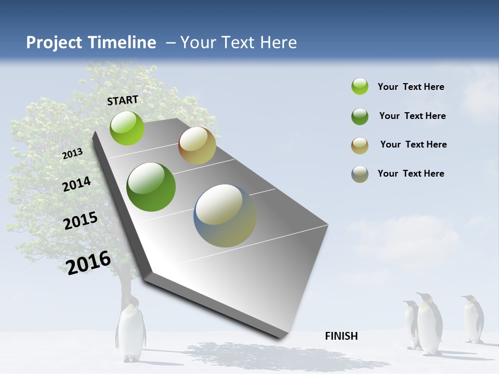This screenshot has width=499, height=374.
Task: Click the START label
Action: click(x=123, y=100)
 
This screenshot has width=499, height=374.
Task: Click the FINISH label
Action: click(x=341, y=336)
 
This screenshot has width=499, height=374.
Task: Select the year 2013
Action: click(x=72, y=153)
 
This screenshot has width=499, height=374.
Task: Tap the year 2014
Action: click(x=76, y=184)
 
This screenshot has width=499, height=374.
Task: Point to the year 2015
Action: click(x=81, y=221)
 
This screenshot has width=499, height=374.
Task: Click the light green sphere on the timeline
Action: click(x=127, y=128)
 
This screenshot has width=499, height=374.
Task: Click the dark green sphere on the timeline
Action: click(x=151, y=187)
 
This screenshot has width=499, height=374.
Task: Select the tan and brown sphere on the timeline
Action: click(x=197, y=145)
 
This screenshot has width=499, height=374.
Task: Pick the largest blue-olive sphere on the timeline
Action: click(x=225, y=216)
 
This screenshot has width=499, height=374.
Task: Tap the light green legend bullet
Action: click(x=360, y=87)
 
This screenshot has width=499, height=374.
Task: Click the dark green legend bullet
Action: click(x=360, y=116)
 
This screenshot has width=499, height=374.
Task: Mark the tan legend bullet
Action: click(x=360, y=145)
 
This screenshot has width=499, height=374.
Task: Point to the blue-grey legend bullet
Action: click(x=360, y=174)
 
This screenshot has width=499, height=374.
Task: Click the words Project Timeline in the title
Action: click(x=91, y=43)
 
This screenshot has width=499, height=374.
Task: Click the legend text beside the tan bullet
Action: click(x=413, y=144)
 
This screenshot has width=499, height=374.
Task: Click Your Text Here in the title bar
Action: click(x=239, y=43)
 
